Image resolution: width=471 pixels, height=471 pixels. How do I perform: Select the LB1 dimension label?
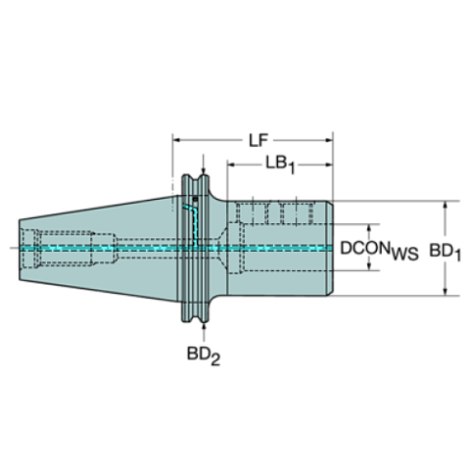click(279, 164)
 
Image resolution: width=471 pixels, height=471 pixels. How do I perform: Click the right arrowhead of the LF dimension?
click(327, 140)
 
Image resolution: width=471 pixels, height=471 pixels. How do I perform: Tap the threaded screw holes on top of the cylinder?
click(279, 211)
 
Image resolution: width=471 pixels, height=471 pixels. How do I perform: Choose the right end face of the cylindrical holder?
click(332, 248)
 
